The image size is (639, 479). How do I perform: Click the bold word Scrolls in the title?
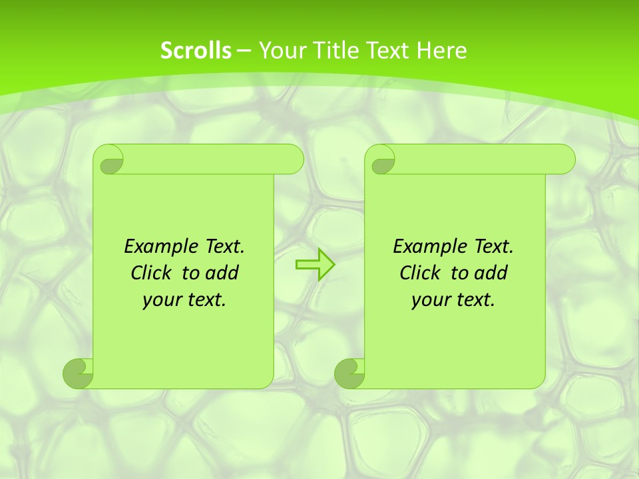(x=196, y=51)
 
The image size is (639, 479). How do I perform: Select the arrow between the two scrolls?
(x=315, y=265)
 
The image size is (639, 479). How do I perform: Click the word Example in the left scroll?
(x=159, y=246)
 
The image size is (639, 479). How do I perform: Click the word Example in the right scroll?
(x=428, y=246)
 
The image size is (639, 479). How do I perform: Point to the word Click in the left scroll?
(x=152, y=273)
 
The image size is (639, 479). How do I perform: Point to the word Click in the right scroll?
(x=421, y=273)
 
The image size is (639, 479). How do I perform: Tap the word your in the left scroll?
(x=160, y=300)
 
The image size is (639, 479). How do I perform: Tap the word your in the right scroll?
(x=429, y=300)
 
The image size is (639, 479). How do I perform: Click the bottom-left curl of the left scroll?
(x=79, y=373)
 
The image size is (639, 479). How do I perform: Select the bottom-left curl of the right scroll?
(x=349, y=373)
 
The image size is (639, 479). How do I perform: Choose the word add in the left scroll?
(x=222, y=273)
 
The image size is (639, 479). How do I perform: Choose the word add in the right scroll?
(x=491, y=273)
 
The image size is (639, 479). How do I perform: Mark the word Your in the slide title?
(x=280, y=51)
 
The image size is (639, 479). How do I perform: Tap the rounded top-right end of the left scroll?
(x=293, y=160)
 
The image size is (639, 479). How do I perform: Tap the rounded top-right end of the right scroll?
(x=564, y=160)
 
